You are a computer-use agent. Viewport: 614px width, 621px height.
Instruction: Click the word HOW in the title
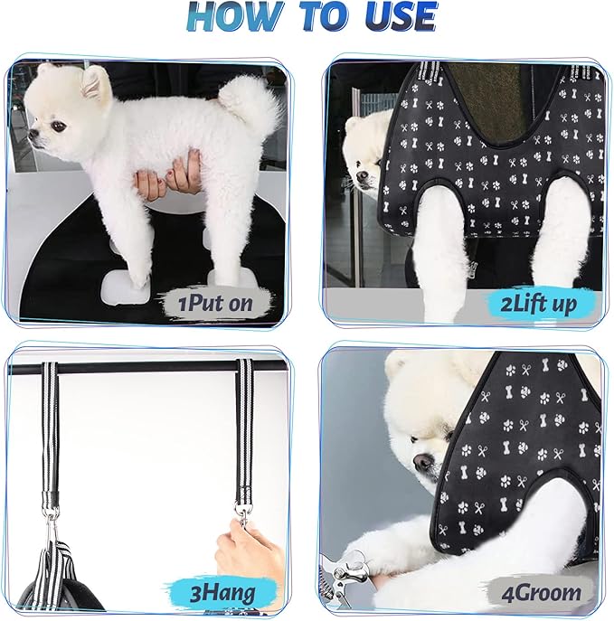point(232,19)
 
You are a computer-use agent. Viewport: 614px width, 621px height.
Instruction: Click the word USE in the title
point(395,19)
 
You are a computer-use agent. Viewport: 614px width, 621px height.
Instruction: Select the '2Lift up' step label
point(539,303)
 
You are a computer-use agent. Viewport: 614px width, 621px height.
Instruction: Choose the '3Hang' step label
point(222,592)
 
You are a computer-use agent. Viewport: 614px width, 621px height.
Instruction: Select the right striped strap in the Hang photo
point(244,434)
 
